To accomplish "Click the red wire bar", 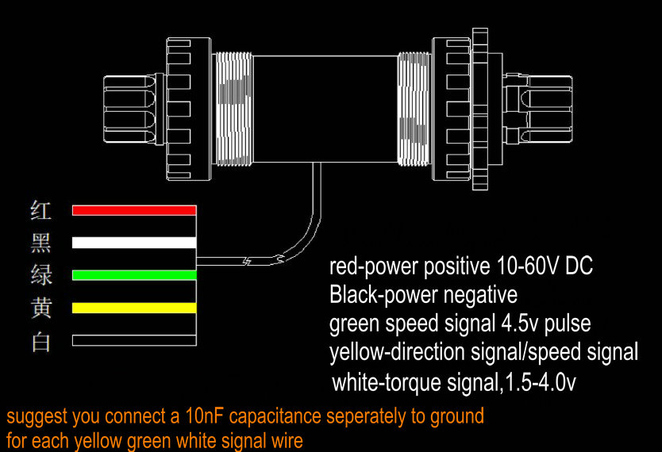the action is coord(134,210).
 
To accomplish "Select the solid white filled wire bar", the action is coord(134,243).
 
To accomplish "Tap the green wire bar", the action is coord(134,275).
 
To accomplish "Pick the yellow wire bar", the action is coord(134,308).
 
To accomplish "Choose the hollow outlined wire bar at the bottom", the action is coord(134,340).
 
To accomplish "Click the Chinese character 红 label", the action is coord(41,210).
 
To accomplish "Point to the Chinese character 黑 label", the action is coord(41,243).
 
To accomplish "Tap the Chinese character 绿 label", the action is coord(41,275).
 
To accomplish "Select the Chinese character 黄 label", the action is coord(41,308).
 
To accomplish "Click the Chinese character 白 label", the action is coord(41,342).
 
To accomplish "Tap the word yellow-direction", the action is coord(397,352).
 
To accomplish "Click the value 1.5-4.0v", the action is coord(541,382).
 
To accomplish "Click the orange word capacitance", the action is coord(275,417).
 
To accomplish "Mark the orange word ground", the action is coord(457,417).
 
